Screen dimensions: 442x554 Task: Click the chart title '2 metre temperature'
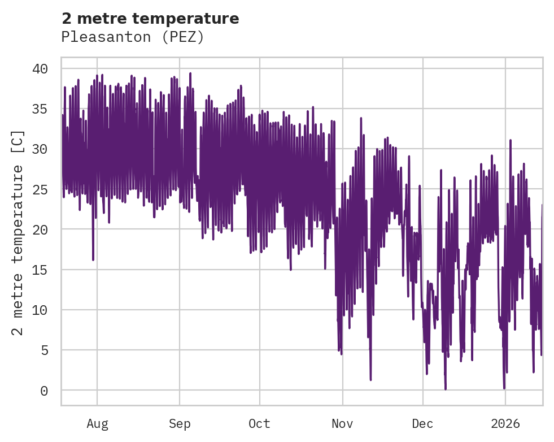coord(150,19)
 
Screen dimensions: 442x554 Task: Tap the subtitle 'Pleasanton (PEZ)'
coord(132,37)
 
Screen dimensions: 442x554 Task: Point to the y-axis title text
coord(18,232)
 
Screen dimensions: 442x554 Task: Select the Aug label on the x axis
coord(97,423)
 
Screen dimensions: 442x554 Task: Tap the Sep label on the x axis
coord(180,423)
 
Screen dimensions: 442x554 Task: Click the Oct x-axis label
coord(260,423)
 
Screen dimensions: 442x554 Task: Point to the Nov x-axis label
coord(342,423)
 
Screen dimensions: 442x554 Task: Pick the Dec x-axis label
coord(423,423)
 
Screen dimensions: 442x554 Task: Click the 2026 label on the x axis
coord(505,423)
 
